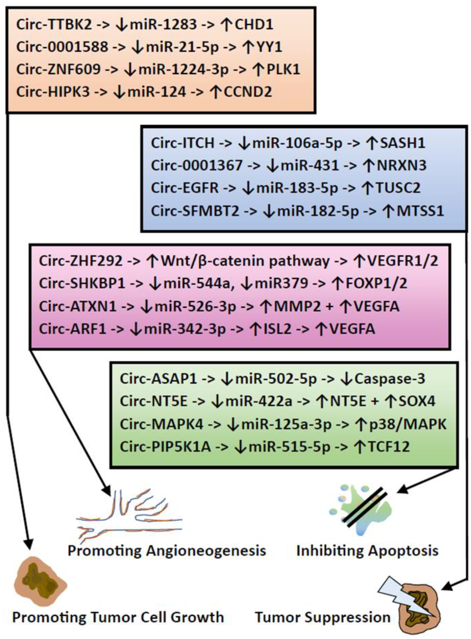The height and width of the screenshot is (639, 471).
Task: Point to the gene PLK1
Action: pos(283,69)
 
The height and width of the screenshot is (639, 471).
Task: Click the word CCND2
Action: pos(248,92)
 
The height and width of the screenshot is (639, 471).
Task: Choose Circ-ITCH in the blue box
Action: pos(183,143)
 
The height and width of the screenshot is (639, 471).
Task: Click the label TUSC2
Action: pos(398,188)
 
